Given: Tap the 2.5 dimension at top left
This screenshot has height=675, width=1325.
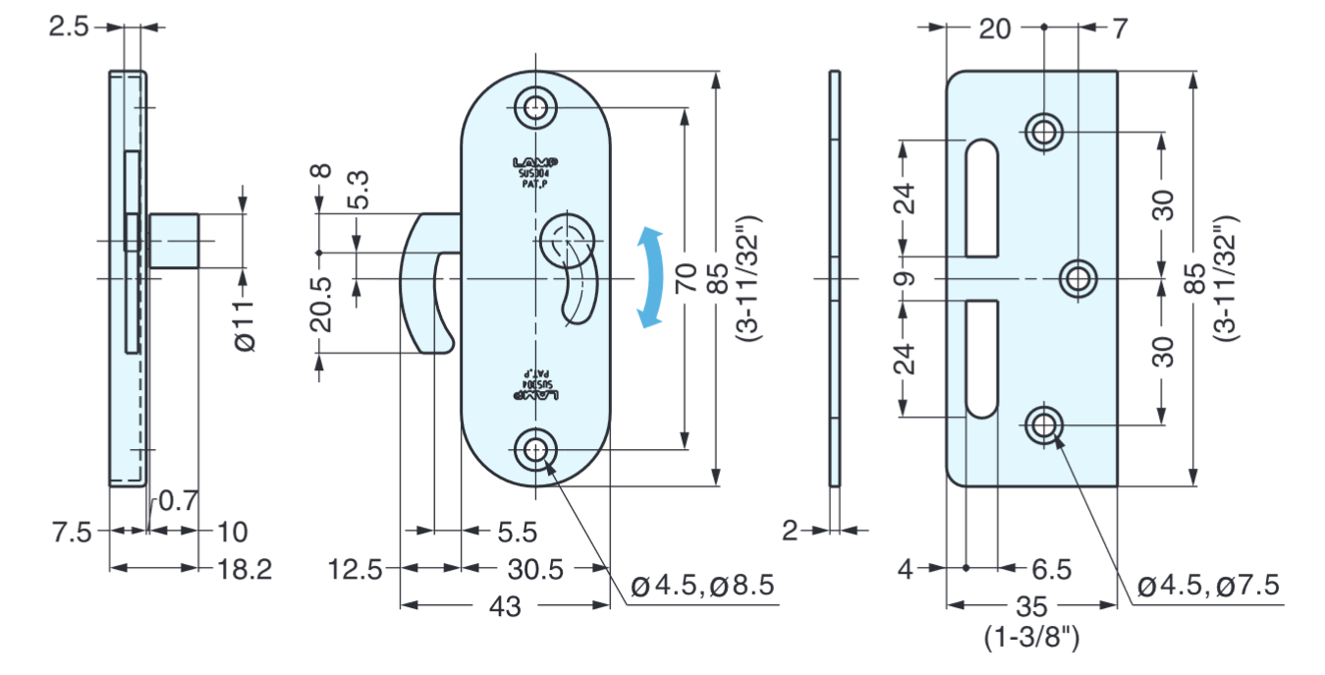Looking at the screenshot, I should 70,27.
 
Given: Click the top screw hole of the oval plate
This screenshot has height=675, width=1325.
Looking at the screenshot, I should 535,107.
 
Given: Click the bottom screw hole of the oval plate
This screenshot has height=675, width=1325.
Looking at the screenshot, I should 535,450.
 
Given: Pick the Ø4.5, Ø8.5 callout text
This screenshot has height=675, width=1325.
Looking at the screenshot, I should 702,587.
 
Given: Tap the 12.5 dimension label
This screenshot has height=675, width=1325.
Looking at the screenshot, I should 357,568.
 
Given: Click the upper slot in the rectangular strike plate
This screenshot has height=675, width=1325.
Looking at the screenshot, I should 981,197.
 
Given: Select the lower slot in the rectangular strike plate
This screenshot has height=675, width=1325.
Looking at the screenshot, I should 981,359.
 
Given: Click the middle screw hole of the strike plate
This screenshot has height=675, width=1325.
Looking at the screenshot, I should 1078,279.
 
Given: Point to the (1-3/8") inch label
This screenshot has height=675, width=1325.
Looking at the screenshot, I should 1031,639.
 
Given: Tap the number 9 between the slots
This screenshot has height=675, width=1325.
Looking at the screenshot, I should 906,278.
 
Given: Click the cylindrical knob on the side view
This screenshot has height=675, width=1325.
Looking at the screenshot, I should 174,241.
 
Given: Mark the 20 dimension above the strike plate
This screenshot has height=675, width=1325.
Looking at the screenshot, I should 995,28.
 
